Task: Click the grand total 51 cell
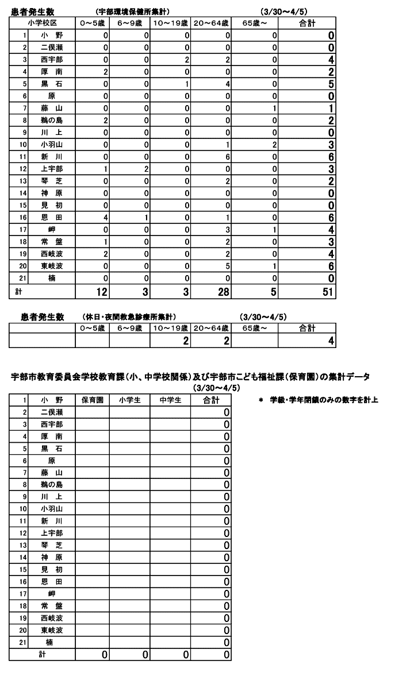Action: [327, 292]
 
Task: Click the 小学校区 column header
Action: [42, 23]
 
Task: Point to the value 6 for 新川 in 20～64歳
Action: [228, 156]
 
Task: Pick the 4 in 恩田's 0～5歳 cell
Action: [106, 217]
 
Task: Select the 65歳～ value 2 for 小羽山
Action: [275, 144]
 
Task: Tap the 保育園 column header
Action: [92, 400]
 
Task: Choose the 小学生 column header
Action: [129, 400]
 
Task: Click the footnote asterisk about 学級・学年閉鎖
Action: [261, 400]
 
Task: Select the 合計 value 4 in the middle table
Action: [331, 341]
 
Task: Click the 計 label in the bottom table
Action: [42, 654]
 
